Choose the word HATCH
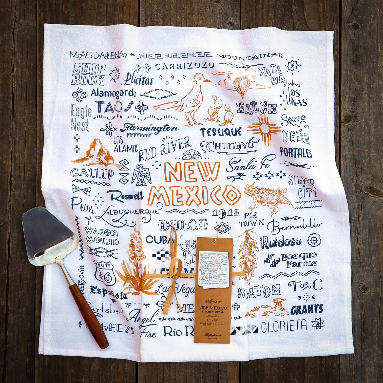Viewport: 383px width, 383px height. [256, 108]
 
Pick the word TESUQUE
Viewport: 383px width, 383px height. [221, 131]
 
